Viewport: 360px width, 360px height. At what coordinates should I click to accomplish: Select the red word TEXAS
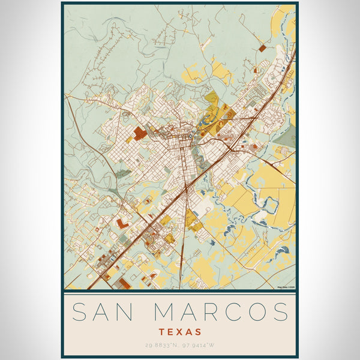[180, 331]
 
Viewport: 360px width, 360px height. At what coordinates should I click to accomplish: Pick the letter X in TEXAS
[180, 331]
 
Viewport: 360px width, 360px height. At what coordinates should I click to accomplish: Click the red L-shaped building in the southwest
[122, 223]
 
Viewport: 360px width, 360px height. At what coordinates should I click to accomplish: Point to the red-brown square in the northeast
[262, 47]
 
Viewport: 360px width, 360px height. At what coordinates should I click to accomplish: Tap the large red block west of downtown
[139, 133]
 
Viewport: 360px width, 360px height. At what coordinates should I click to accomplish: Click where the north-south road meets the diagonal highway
[186, 191]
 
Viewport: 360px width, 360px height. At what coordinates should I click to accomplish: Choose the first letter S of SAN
[79, 312]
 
